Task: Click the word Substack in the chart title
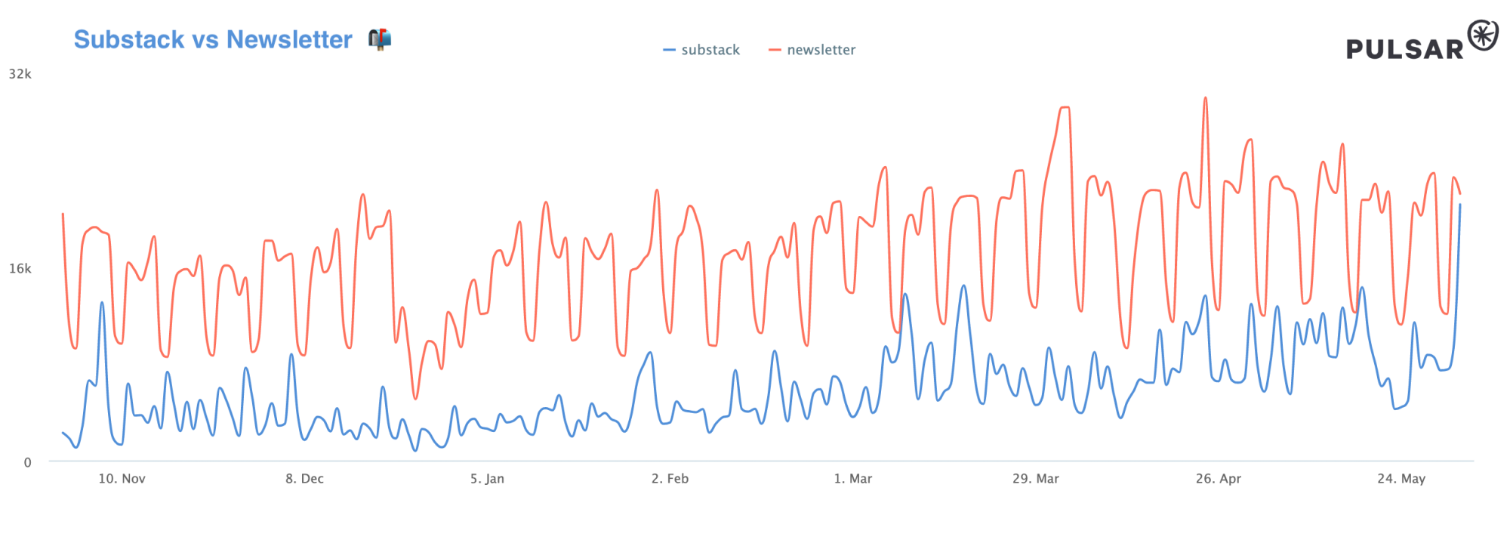click(129, 39)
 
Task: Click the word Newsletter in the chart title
click(289, 39)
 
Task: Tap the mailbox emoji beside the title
click(380, 39)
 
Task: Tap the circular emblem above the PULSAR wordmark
click(1482, 35)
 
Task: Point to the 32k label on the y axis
click(20, 74)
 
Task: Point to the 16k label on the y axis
click(20, 269)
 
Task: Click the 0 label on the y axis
click(28, 462)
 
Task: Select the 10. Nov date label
click(122, 479)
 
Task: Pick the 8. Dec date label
click(304, 479)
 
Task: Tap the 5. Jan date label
click(487, 479)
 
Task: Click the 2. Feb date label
click(670, 479)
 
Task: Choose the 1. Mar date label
click(852, 479)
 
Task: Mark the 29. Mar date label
click(1035, 479)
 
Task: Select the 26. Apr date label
click(1218, 479)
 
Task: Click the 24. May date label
click(1401, 479)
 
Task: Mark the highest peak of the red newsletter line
click(1205, 98)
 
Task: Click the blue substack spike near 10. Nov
click(102, 303)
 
